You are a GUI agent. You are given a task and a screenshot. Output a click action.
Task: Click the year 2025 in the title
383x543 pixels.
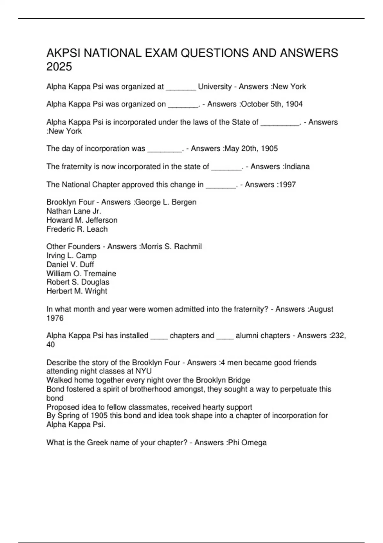59,67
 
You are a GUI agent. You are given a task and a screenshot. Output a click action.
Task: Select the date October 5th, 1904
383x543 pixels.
272,104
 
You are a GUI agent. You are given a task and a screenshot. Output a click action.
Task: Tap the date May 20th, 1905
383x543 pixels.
252,149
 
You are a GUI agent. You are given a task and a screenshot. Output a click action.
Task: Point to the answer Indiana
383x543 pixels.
297,167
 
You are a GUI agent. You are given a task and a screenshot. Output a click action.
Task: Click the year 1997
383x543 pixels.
287,185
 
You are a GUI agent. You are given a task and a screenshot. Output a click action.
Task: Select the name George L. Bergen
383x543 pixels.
166,202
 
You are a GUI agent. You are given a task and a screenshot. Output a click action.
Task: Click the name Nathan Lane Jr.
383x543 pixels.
74,211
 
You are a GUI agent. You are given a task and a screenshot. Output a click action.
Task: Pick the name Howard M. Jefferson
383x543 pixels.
82,220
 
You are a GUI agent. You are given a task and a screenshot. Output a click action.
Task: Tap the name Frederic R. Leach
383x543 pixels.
77,229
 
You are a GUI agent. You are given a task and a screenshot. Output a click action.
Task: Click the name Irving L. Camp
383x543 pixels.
71,256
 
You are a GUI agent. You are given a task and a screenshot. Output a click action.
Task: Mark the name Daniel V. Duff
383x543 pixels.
70,264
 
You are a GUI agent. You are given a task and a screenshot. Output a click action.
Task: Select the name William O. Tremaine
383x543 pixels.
81,273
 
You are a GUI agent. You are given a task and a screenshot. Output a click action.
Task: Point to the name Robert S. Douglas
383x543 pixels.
78,282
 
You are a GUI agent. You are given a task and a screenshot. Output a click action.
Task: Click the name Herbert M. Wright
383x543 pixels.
77,291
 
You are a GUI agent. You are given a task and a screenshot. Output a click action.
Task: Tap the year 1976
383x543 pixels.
55,318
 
